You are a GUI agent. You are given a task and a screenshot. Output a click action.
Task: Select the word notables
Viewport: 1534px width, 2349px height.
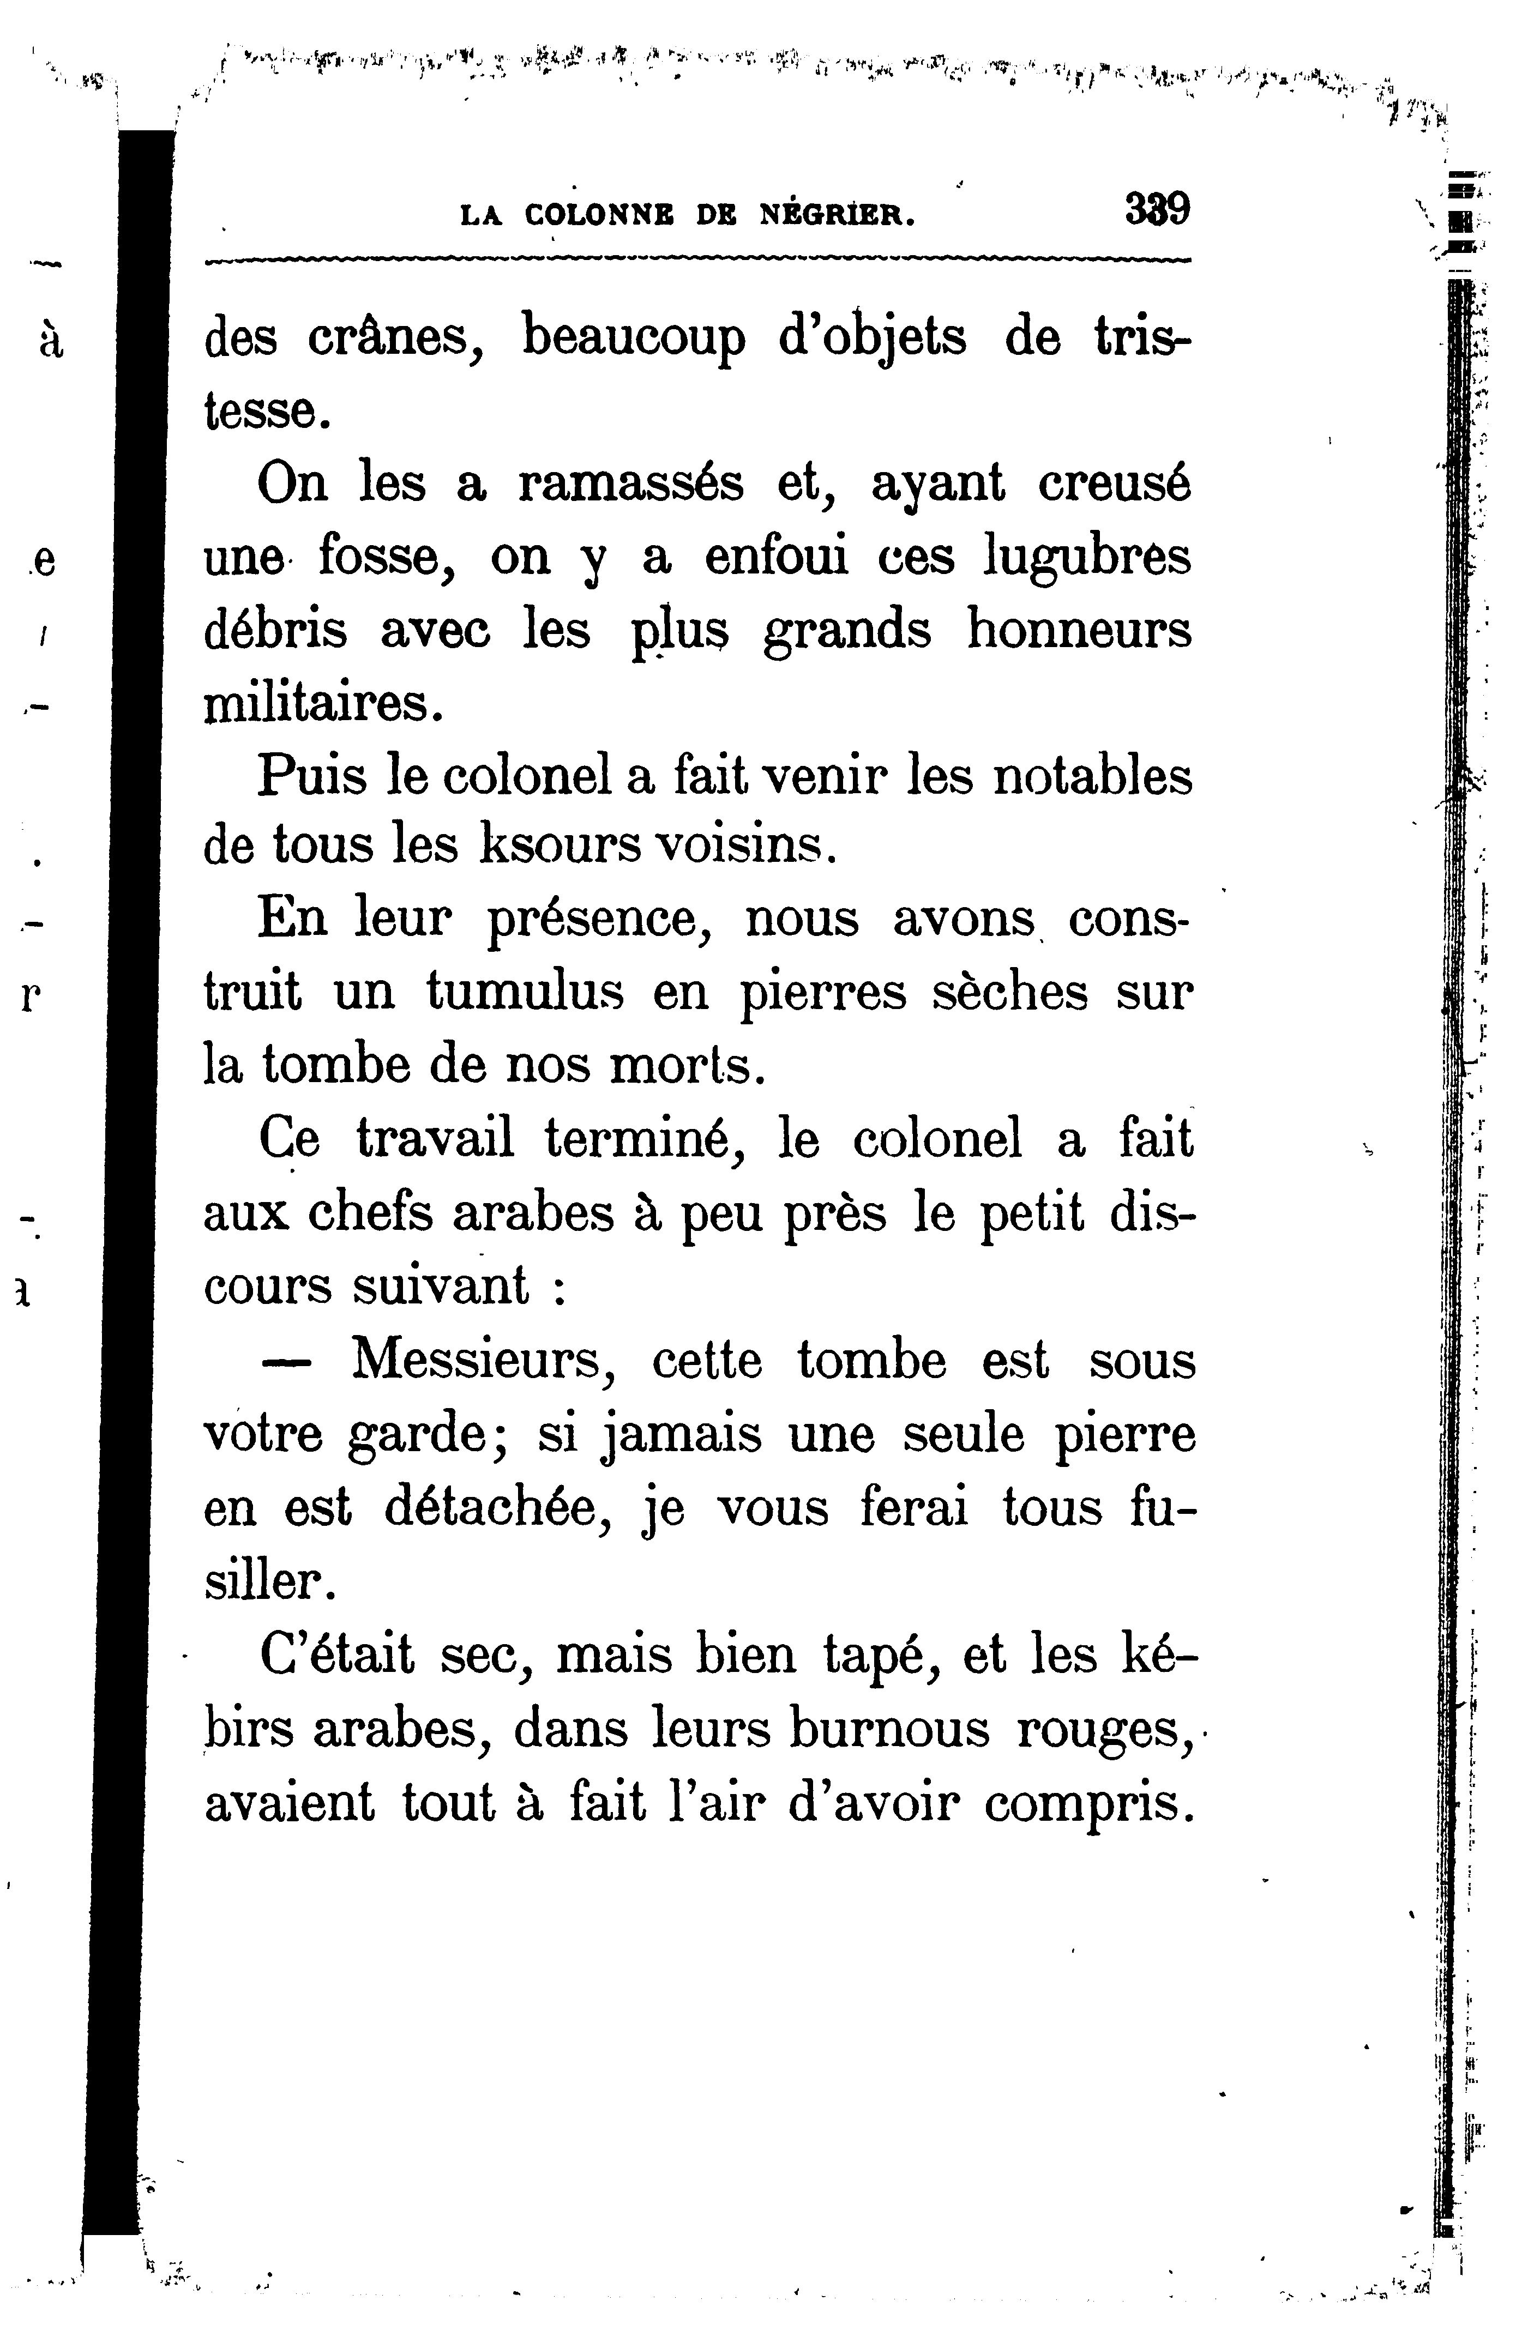(1092, 777)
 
